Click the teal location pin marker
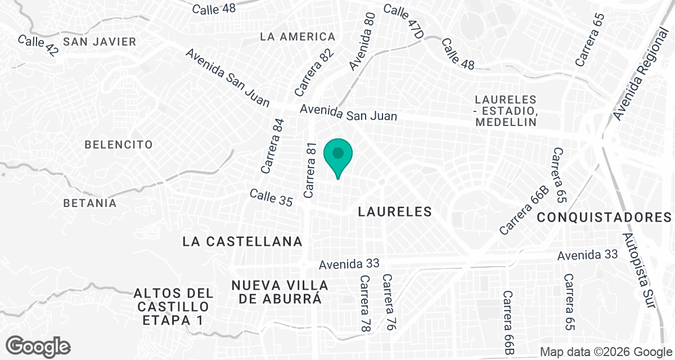[338, 157]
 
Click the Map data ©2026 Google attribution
[606, 352]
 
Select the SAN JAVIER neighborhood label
[100, 42]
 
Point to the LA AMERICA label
[298, 37]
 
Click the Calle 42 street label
[38, 46]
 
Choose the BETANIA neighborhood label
[90, 203]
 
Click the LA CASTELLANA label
[243, 241]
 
